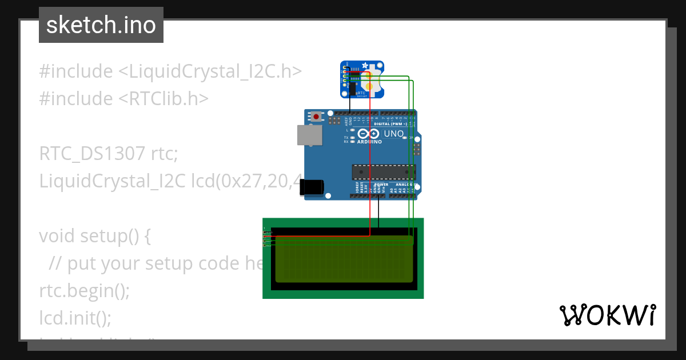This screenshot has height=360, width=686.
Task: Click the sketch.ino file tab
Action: tap(101, 25)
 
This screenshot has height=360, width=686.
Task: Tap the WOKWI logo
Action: tap(608, 315)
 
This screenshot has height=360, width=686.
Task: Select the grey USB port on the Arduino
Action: tap(309, 135)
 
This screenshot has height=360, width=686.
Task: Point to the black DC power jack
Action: tap(312, 186)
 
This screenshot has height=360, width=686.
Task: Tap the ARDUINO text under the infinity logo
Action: tap(370, 141)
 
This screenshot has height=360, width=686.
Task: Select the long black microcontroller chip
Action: tap(383, 171)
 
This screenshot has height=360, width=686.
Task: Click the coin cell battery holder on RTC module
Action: tap(371, 80)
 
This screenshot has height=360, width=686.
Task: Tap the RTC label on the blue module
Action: tap(361, 91)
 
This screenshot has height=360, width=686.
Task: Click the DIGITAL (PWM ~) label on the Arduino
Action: tap(390, 124)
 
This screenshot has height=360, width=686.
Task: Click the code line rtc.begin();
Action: tap(85, 291)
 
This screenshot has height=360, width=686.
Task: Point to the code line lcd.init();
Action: tap(75, 317)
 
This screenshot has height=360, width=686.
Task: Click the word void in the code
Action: tap(57, 236)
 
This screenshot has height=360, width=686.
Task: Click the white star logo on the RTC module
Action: tap(349, 67)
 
